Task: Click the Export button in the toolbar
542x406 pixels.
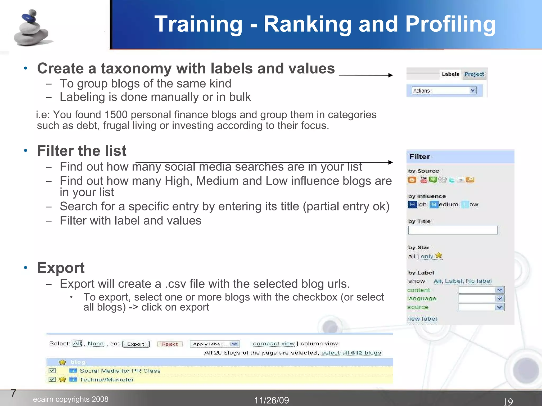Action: [136, 344]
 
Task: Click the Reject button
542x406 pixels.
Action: [169, 344]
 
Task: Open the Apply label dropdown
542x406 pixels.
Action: [215, 344]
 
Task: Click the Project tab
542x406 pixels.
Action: [474, 74]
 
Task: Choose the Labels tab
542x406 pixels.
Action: [450, 74]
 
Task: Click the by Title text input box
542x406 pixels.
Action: [453, 230]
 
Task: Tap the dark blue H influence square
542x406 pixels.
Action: [412, 205]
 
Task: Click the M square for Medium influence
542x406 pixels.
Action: [434, 205]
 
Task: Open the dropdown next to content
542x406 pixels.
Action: [481, 290]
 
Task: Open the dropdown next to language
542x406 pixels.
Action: [481, 299]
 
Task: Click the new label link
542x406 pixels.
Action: [422, 319]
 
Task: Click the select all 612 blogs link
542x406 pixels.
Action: [351, 353]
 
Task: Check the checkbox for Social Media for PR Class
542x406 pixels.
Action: [52, 371]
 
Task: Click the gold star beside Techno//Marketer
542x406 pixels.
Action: [62, 380]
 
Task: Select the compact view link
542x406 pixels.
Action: [274, 344]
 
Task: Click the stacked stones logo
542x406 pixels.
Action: [32, 28]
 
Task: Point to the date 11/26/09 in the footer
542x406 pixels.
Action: [272, 400]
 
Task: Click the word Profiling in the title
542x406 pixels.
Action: [450, 24]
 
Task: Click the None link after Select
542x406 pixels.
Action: [96, 344]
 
